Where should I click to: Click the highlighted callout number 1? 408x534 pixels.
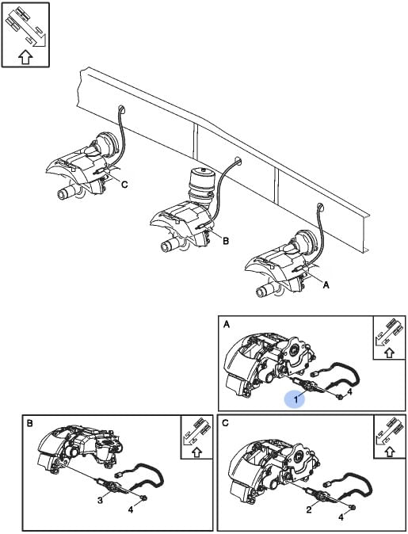pyautogui.click(x=296, y=399)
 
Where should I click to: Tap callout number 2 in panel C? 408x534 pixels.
pyautogui.click(x=309, y=509)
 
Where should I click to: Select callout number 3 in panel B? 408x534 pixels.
pyautogui.click(x=100, y=500)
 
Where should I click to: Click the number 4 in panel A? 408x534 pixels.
pyautogui.click(x=349, y=391)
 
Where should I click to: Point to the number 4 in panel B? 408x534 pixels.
pyautogui.click(x=131, y=510)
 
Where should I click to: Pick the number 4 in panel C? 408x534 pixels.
pyautogui.click(x=341, y=517)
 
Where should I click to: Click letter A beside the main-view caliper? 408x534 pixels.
pyautogui.click(x=326, y=285)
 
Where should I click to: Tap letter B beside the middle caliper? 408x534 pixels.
pyautogui.click(x=226, y=241)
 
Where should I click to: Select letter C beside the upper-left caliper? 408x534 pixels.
pyautogui.click(x=124, y=185)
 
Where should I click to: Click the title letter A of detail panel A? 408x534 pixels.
pyautogui.click(x=227, y=325)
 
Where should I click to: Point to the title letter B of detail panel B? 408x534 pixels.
pyautogui.click(x=30, y=424)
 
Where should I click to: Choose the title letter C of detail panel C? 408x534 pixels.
pyautogui.click(x=226, y=423)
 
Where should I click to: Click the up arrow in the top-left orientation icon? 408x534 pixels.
pyautogui.click(x=25, y=57)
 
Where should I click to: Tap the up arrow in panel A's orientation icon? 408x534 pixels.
pyautogui.click(x=389, y=352)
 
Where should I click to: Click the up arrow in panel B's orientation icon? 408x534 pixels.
pyautogui.click(x=196, y=452)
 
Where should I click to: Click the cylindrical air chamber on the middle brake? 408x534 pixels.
pyautogui.click(x=200, y=186)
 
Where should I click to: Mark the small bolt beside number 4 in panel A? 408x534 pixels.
pyautogui.click(x=340, y=397)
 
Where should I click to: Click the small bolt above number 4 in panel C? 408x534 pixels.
pyautogui.click(x=353, y=508)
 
